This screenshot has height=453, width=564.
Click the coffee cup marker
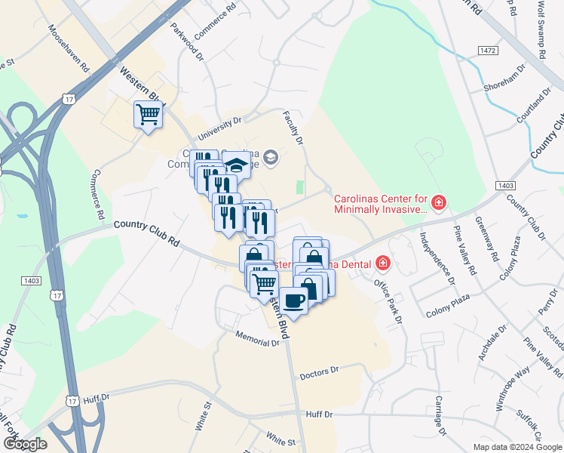(293, 300)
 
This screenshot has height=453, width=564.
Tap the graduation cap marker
(237, 164)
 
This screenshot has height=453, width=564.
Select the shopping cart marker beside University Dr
(149, 115)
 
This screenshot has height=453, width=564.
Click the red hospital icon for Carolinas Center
(438, 202)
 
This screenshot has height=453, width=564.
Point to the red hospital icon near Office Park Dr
(383, 263)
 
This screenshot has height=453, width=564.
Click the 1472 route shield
(488, 50)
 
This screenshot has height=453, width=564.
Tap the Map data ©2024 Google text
(517, 447)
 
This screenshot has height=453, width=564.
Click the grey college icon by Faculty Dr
(271, 158)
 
